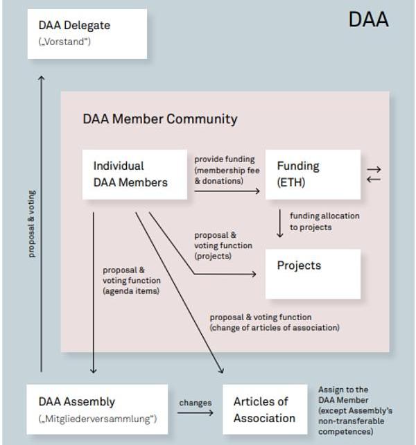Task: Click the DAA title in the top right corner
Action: pos(368,20)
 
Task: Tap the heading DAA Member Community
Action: pos(159,119)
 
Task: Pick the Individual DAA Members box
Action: pos(134,175)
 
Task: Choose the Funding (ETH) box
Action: pos(313,175)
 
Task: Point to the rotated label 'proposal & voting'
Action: pos(32,223)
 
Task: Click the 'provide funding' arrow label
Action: pos(225,170)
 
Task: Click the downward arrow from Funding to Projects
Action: pos(280,224)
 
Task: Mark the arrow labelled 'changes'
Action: pos(195,413)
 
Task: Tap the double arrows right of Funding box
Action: pos(373,174)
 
